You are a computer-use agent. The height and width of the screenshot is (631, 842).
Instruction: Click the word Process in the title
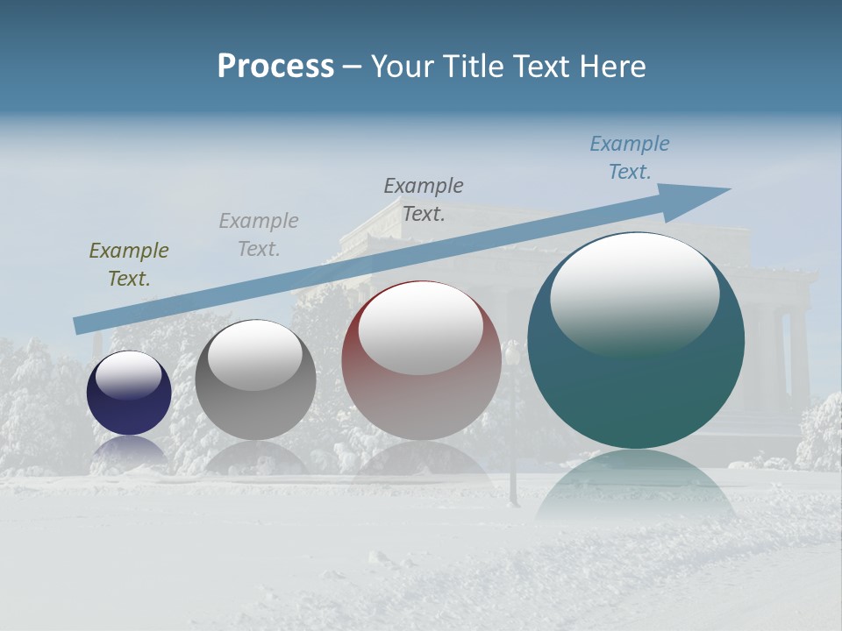click(x=275, y=67)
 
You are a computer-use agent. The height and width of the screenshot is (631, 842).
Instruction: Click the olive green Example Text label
click(x=129, y=265)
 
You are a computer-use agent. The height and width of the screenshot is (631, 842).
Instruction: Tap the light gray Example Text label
click(x=259, y=235)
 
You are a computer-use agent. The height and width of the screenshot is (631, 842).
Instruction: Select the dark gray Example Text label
click(x=424, y=200)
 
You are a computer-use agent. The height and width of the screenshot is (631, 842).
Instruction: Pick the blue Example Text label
click(x=630, y=158)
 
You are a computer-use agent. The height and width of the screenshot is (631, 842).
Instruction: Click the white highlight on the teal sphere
click(x=635, y=294)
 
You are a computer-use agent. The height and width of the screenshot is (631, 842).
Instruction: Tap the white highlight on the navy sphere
click(x=129, y=375)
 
